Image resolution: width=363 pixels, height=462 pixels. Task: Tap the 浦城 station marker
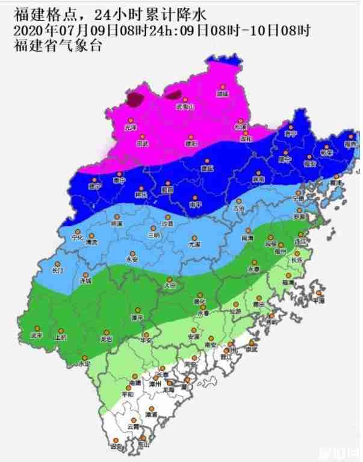point(223,87)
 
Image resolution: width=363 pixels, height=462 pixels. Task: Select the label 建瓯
point(207,169)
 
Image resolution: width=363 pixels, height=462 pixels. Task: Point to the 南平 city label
point(194,205)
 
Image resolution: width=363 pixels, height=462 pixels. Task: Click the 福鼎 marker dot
point(349,137)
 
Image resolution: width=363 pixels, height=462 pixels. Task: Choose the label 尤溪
point(193,245)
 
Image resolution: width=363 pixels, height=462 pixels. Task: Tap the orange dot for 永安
point(132,254)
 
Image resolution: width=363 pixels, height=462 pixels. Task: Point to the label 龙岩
point(107,339)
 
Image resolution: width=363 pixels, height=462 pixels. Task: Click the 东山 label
point(143,445)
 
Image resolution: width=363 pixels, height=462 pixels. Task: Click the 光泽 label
point(131,128)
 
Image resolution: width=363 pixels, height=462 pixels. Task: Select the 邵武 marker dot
point(143,138)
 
